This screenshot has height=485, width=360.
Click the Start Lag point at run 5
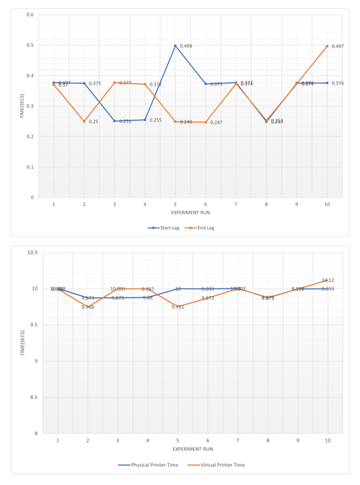(175, 46)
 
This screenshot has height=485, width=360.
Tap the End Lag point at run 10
(327, 46)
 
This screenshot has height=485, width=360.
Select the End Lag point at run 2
(84, 121)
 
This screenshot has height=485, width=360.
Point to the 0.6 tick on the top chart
(30, 15)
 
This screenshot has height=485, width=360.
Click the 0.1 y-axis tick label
(30, 167)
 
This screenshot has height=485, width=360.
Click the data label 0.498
(185, 46)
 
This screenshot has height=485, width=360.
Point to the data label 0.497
(338, 46)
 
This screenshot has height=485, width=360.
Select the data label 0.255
(155, 120)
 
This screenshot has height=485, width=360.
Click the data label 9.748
(87, 307)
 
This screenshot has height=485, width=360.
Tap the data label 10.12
(328, 280)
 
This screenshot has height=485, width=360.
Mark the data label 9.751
(177, 307)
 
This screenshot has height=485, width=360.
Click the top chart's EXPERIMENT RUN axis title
(190, 212)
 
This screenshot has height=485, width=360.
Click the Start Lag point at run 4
(145, 120)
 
